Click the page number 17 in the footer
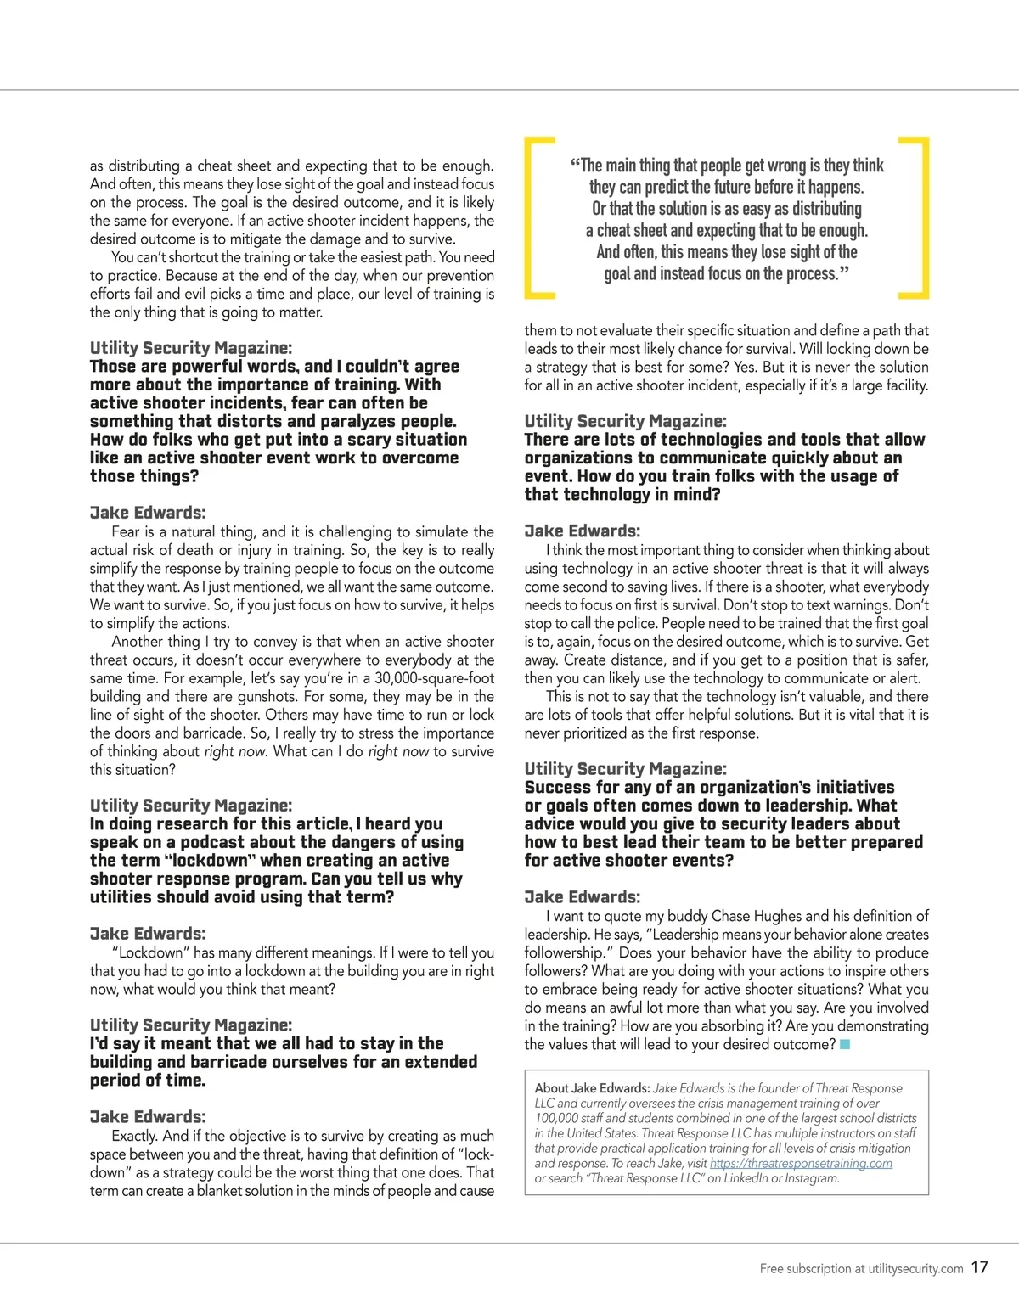pos(979,1267)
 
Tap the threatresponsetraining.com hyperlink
pos(801,1163)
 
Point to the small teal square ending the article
pos(845,1044)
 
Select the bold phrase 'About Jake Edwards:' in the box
pos(592,1088)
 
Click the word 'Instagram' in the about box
pos(810,1178)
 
